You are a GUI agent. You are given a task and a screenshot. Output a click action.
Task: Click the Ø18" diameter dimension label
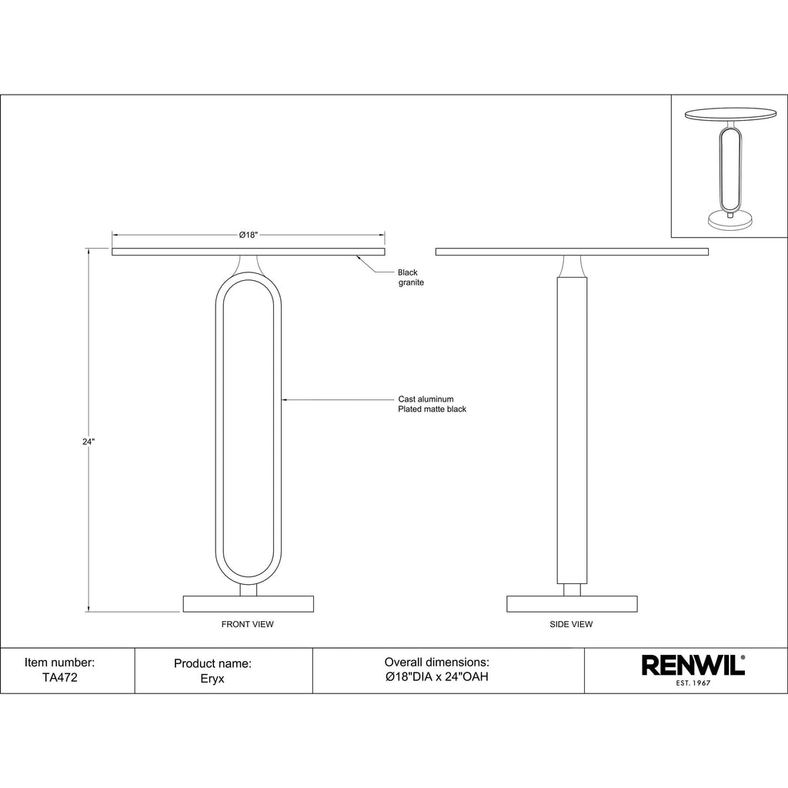249,235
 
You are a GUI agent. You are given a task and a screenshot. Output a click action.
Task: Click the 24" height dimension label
88,442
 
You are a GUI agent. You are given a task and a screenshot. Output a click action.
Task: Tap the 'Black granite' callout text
411,277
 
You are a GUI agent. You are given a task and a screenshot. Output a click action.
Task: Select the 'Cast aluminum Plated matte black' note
432,404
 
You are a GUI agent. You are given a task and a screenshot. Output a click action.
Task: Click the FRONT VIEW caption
248,624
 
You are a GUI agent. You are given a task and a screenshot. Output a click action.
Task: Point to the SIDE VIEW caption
572,624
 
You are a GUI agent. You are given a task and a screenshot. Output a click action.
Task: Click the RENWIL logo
693,666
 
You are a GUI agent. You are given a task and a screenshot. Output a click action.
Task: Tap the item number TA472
60,677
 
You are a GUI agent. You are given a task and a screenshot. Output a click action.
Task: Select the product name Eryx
212,679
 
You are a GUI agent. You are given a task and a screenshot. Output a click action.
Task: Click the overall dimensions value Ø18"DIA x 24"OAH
437,676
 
